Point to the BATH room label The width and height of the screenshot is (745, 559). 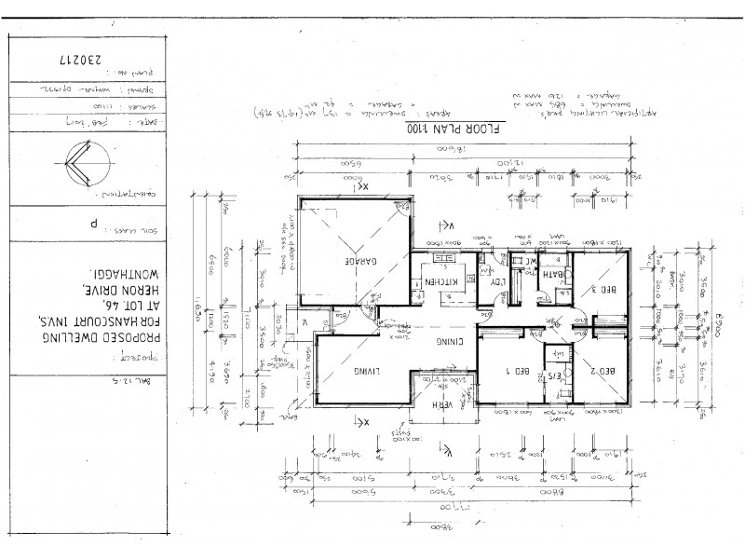click(554, 274)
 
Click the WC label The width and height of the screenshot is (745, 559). click(527, 262)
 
